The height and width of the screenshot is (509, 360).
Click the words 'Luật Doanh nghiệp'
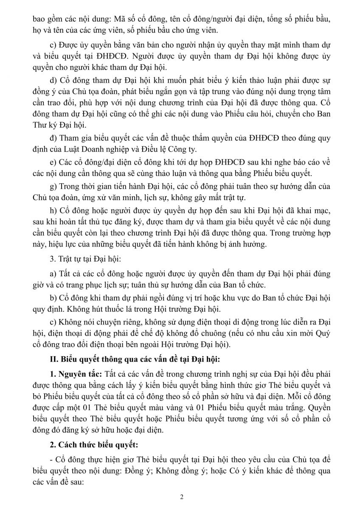(x=87, y=149)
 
